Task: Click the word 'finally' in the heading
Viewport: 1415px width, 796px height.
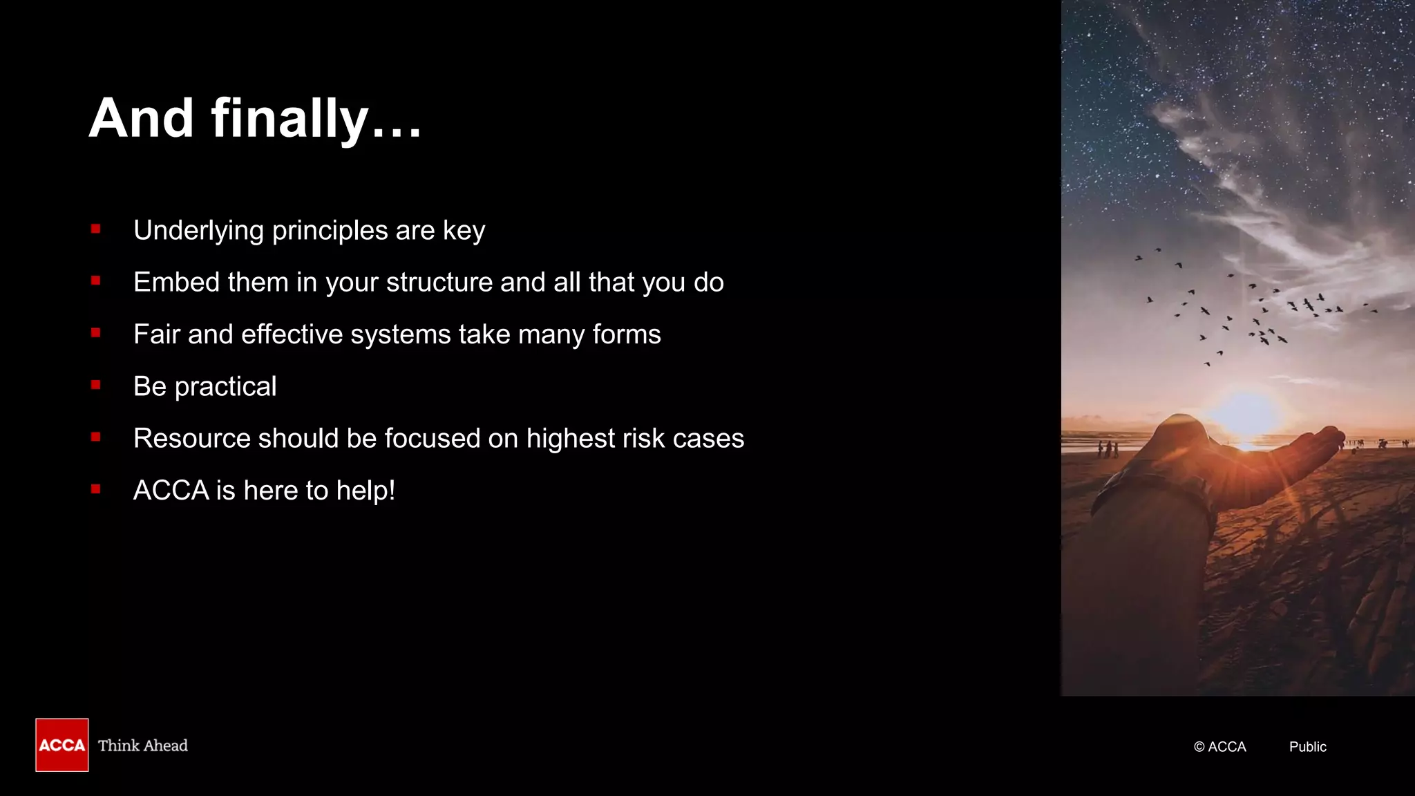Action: pyautogui.click(x=289, y=119)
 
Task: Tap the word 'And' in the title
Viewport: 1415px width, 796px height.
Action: pyautogui.click(x=141, y=119)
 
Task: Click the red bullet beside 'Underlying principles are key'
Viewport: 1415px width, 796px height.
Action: pyautogui.click(x=95, y=229)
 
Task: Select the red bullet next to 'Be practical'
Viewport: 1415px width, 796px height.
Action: pyautogui.click(x=95, y=385)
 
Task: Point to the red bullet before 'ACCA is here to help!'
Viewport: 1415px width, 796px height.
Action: pyautogui.click(x=95, y=489)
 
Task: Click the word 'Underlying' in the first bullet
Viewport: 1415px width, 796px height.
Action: pyautogui.click(x=198, y=231)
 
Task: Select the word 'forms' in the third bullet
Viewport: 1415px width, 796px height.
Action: pyautogui.click(x=627, y=334)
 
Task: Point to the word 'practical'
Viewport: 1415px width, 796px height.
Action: pyautogui.click(x=225, y=387)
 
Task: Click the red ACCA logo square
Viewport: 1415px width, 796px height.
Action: pyautogui.click(x=62, y=745)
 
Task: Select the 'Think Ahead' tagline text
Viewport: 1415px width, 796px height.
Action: pyautogui.click(x=143, y=746)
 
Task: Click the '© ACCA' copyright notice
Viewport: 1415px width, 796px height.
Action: pyautogui.click(x=1219, y=747)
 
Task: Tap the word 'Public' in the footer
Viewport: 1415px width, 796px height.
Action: pyautogui.click(x=1307, y=747)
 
